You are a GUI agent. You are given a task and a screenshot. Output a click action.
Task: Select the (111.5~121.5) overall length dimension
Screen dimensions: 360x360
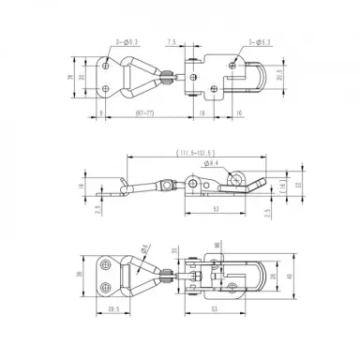(191, 152)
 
